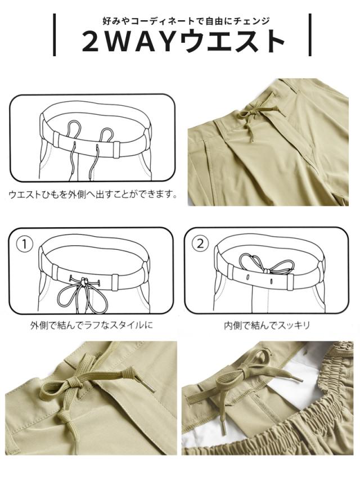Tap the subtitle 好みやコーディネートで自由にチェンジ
186,21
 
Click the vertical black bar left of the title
55,35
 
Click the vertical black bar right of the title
310,35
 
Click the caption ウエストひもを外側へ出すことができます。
93,193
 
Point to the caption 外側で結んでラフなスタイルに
91,326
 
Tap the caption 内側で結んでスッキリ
267,326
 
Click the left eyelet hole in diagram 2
248,277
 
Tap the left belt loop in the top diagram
56,139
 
